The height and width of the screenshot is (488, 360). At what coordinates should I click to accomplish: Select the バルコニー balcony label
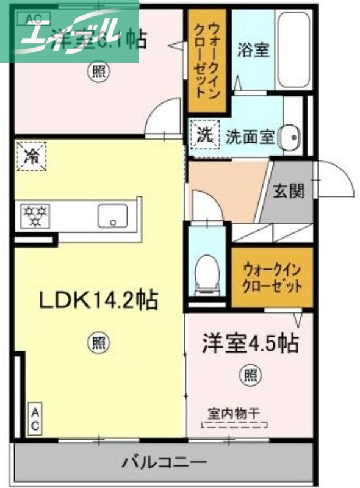pos(163,461)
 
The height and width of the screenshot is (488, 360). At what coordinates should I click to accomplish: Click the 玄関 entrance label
pos(288,192)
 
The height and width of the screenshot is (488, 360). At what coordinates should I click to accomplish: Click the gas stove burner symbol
pos(35,215)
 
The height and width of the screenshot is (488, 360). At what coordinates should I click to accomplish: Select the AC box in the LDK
pos(34,418)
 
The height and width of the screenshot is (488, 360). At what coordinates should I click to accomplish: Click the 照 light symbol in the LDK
pos(98,342)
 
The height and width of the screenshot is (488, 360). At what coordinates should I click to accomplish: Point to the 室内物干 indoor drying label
pos(235,414)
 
